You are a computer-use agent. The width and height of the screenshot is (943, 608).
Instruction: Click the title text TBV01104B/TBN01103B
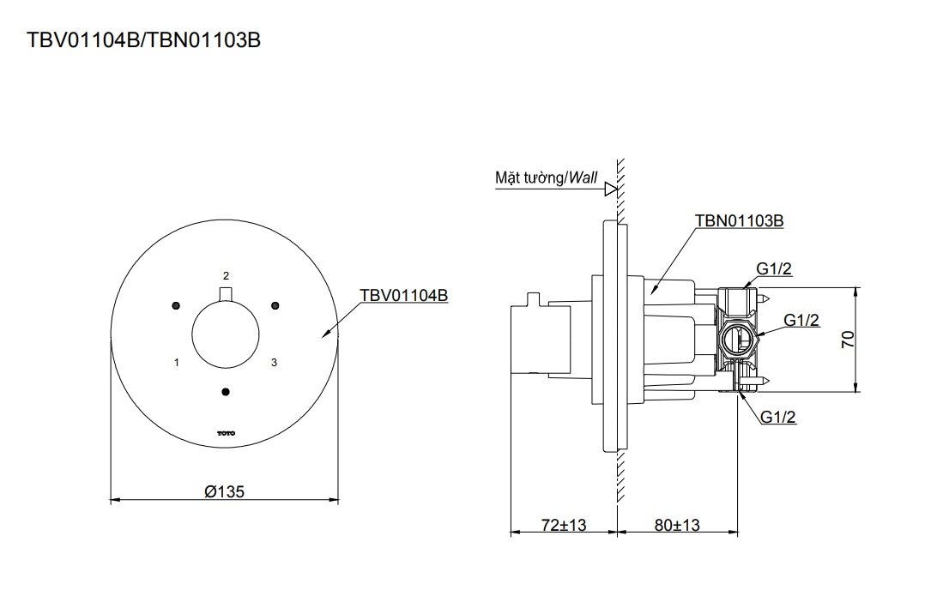coord(143,39)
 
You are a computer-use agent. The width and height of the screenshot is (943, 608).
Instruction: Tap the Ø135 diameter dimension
coord(225,492)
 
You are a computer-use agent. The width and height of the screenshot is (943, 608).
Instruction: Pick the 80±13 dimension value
coord(676,524)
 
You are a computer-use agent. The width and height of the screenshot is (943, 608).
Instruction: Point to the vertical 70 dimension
coord(848,340)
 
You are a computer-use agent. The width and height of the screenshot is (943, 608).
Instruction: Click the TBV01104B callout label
coord(403,295)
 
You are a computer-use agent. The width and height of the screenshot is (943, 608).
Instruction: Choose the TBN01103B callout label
coord(739,220)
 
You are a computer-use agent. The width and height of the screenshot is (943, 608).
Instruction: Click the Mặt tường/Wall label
coord(545,178)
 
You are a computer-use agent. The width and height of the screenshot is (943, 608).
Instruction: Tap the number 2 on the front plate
coord(226,275)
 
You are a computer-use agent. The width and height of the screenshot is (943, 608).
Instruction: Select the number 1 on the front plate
coord(176,363)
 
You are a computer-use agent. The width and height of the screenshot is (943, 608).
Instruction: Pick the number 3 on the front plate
coord(274,363)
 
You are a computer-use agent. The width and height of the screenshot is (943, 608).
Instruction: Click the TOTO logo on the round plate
coord(226,434)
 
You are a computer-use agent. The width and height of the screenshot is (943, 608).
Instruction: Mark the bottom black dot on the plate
coord(226,392)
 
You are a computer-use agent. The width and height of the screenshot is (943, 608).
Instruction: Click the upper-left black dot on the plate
coord(176,305)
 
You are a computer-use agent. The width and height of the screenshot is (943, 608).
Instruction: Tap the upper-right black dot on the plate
coord(275,305)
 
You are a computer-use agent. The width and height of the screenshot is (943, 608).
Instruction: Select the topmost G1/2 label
coord(774,269)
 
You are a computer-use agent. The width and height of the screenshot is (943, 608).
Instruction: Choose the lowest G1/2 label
coord(779,417)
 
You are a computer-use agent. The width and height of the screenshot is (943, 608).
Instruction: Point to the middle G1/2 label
coord(801,320)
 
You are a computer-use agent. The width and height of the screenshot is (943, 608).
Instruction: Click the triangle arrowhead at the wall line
coord(611,188)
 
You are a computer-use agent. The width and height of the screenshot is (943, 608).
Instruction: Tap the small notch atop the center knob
coord(226,295)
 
